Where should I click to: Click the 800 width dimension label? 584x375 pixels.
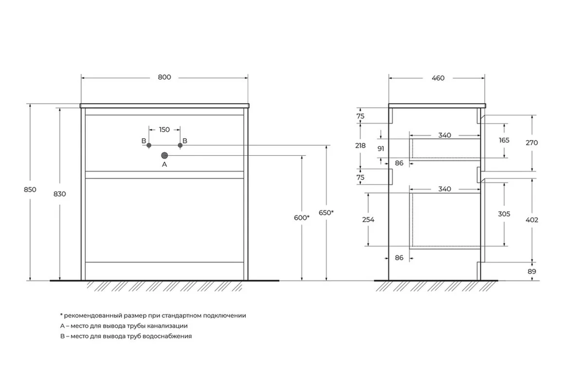point(164,78)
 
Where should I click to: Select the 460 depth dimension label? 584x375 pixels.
point(438,78)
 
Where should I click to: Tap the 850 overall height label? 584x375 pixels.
point(30,190)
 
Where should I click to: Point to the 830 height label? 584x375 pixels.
point(60,194)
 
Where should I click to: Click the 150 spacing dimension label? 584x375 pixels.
point(164,129)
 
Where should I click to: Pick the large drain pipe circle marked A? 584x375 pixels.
point(165,155)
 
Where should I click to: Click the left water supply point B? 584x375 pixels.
point(149,145)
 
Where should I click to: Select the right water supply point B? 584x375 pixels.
point(180,145)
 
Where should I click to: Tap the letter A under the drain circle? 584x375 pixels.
point(165,164)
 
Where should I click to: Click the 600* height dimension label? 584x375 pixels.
point(302,218)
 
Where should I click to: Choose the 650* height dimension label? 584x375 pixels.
point(326,213)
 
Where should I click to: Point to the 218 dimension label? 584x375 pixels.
point(360,146)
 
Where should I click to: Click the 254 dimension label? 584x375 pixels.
point(369,219)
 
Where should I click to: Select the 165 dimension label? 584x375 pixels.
point(504,140)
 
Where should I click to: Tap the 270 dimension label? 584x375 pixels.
point(532,142)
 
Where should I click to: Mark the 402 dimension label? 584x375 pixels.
point(532,220)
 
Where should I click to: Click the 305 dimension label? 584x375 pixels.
point(504,214)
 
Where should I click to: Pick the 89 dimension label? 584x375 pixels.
point(532,272)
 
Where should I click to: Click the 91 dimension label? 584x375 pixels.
point(381,149)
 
